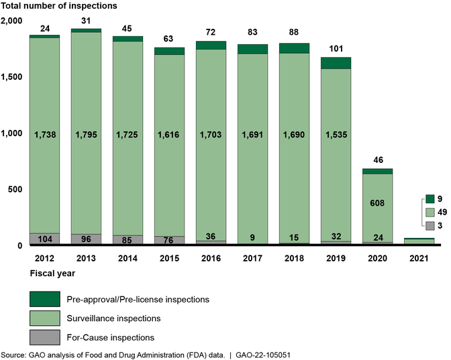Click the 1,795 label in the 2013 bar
pos(87,135)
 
